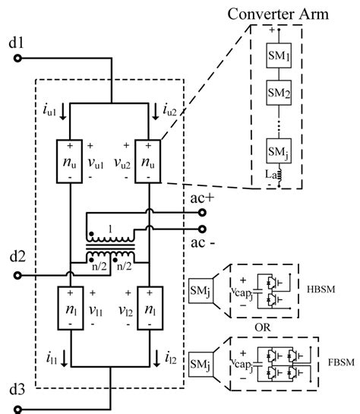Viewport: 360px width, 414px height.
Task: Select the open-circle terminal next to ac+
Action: pyautogui.click(x=202, y=215)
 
